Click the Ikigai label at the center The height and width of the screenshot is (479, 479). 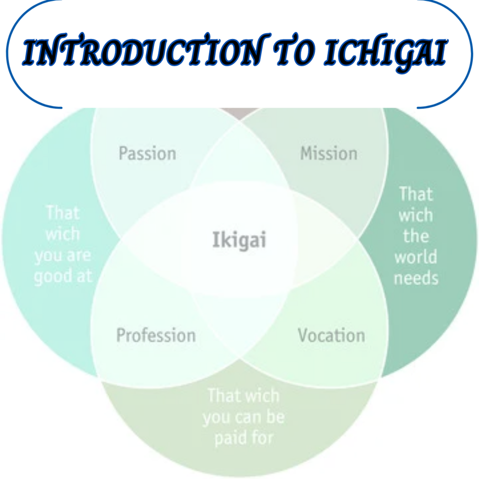click(239, 239)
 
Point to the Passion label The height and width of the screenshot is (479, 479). click(147, 153)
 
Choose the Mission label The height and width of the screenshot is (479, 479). click(328, 153)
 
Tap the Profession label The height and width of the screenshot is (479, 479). click(156, 335)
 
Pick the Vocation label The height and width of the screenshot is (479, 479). click(331, 335)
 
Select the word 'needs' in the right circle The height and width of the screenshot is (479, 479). click(416, 278)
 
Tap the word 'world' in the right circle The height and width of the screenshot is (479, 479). click(416, 257)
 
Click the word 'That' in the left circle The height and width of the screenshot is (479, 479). click(63, 213)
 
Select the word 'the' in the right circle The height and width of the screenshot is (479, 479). click(416, 236)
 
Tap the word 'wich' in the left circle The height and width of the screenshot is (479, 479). click(63, 234)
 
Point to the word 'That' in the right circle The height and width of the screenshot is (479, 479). click(416, 194)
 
